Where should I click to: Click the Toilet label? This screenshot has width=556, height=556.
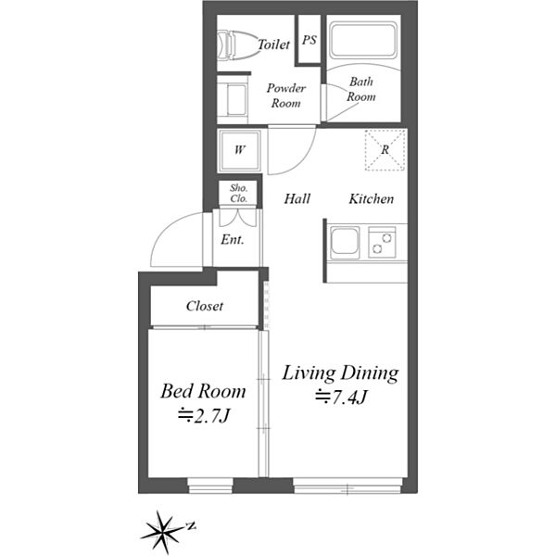coord(273,44)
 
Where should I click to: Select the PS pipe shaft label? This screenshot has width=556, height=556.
coord(310,40)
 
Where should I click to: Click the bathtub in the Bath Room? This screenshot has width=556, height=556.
coord(363,40)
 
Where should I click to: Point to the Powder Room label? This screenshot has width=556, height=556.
coord(285,95)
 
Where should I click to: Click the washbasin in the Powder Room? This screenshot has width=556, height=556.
coord(233,100)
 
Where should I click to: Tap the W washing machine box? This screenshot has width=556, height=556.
coord(240,150)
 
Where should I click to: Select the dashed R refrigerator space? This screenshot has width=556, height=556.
coord(385,150)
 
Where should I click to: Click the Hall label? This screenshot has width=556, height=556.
coord(297,198)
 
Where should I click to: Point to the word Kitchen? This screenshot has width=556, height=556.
coord(372,199)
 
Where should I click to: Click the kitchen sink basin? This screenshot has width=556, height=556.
coord(345,241)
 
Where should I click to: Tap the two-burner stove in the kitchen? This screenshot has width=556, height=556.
coord(382,242)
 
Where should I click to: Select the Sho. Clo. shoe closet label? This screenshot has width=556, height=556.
coord(239,194)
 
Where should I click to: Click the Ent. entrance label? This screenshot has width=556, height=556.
coord(233,240)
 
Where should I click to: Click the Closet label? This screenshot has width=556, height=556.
coord(205,306)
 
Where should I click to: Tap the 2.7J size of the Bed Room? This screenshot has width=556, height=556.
coord(204,415)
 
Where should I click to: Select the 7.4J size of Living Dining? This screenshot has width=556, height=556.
coord(341,398)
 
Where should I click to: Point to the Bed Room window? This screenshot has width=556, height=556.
coord(210,486)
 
